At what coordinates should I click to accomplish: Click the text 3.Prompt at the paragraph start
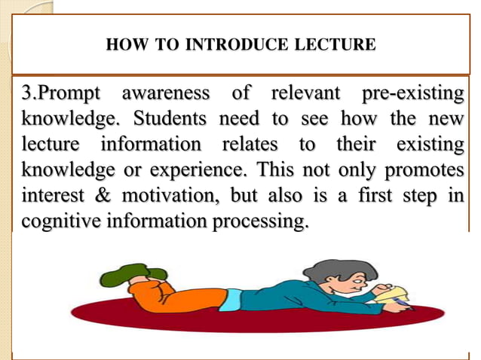60,96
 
